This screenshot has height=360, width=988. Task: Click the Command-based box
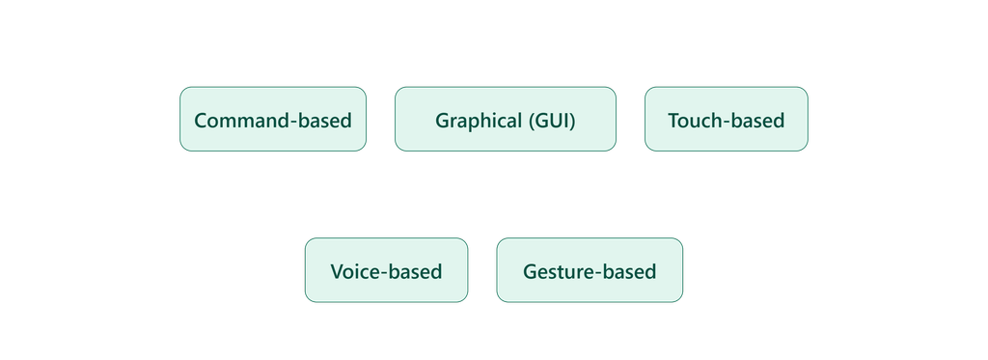273,119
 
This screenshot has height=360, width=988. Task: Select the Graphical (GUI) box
506,119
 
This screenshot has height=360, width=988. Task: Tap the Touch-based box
726,119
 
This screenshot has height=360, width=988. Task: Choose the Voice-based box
386,270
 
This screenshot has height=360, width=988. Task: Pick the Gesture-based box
590,270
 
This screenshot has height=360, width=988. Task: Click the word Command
240,120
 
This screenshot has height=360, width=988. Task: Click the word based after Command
323,120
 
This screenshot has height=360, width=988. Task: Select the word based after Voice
413,271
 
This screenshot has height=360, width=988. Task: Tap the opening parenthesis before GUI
532,121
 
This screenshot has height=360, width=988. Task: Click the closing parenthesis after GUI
573,121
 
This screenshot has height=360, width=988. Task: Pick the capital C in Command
201,120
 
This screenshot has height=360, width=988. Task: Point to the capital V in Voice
338,271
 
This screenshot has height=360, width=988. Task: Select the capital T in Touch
674,120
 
